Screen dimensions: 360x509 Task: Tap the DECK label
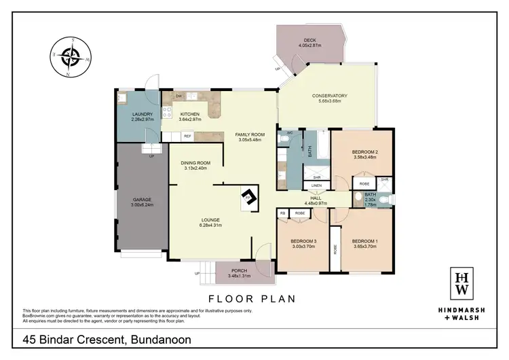310,40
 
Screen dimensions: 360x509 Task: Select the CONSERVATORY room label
330,96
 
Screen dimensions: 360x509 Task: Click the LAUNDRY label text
143,114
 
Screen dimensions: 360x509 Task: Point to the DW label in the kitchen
178,96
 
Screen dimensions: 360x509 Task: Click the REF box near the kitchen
187,137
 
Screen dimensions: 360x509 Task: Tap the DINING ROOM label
195,163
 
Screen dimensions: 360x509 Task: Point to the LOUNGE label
211,219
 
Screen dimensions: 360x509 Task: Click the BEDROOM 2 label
364,152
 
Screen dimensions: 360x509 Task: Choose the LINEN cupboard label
317,185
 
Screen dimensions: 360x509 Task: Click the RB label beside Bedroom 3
283,213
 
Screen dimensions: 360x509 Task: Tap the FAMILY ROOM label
250,134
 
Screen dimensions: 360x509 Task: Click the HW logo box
461,283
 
